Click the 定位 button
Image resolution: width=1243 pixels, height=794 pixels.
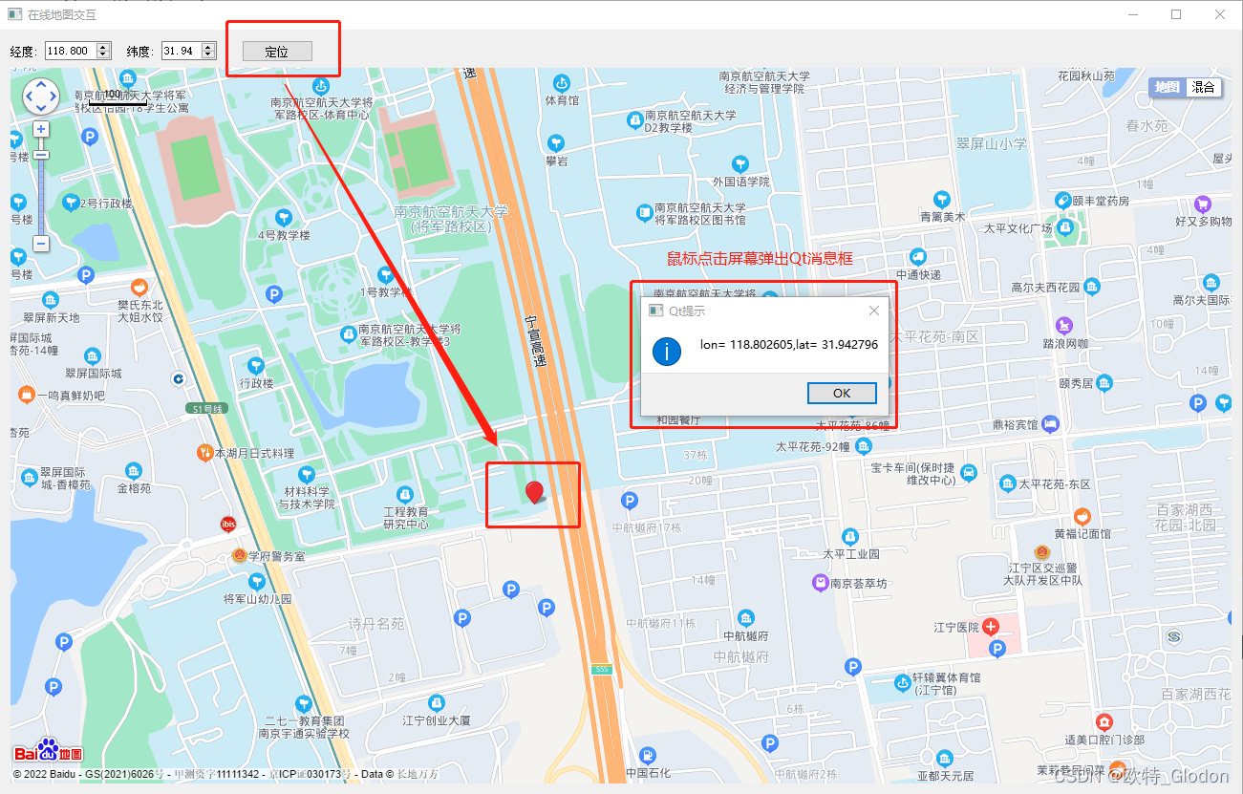277,52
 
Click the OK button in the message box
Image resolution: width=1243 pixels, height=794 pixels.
842,393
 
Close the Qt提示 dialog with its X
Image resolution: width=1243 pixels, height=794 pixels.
873,311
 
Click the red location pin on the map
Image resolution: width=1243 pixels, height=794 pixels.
535,492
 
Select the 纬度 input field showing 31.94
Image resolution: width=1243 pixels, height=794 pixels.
181,52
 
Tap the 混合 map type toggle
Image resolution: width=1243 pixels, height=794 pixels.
1204,87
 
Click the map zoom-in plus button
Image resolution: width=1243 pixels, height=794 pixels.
41,129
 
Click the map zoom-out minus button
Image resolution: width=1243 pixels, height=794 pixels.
41,244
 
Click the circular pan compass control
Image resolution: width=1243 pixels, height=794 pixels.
41,95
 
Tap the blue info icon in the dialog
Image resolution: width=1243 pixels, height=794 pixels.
667,351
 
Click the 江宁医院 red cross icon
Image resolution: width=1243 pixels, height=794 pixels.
991,627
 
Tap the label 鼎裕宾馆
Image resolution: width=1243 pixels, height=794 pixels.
1012,423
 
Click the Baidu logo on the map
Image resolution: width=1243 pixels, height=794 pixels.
48,751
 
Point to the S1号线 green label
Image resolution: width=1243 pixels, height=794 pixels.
207,409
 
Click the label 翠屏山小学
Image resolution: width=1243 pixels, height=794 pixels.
991,143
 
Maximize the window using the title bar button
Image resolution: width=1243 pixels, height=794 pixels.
1176,14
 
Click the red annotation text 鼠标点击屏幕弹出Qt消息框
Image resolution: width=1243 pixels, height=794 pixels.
760,259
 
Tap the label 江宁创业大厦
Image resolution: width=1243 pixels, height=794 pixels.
436,720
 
